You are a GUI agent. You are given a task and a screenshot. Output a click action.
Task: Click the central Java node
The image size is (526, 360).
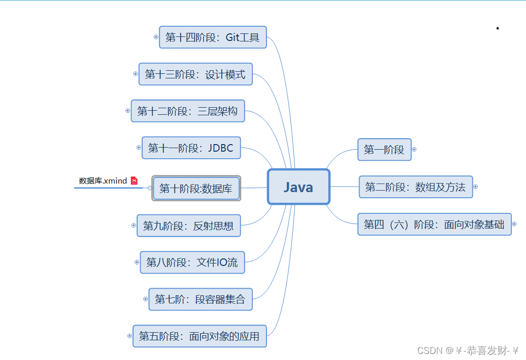click(298, 187)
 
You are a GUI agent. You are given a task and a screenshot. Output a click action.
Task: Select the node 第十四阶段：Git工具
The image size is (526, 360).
click(212, 37)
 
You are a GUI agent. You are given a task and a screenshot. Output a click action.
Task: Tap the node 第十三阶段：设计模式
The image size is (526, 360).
click(195, 74)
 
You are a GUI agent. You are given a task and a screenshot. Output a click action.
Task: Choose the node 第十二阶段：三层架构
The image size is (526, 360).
click(188, 111)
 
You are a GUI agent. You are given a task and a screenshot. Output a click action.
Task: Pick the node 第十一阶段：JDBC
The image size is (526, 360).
click(191, 148)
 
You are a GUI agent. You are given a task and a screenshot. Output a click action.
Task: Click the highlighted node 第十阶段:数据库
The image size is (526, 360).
click(196, 189)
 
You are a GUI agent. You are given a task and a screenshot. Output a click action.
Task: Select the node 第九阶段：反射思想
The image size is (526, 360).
click(188, 226)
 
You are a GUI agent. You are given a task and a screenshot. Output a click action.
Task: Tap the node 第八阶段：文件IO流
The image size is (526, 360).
click(192, 262)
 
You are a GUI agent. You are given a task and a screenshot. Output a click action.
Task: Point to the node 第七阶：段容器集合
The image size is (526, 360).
click(200, 299)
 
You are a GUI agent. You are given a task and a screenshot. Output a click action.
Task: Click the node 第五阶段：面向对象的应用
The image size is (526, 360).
click(199, 336)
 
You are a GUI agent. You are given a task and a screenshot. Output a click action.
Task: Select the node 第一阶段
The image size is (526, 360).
click(384, 150)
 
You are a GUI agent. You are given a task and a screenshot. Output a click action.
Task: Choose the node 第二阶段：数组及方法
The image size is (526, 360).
click(415, 187)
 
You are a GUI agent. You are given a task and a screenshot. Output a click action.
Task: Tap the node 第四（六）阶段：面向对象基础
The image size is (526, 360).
click(434, 224)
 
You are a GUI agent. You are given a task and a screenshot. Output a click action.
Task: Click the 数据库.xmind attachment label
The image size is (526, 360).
click(103, 181)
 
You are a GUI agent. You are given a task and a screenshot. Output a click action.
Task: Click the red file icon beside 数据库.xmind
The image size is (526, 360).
click(134, 181)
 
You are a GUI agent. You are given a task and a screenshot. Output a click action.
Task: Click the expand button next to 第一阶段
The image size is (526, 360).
click(414, 149)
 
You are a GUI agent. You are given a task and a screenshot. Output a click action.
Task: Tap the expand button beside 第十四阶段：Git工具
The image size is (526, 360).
click(156, 37)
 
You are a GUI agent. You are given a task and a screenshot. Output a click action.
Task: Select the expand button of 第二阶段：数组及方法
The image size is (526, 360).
click(475, 187)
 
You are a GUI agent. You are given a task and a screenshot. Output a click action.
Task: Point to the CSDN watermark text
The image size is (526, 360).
click(468, 350)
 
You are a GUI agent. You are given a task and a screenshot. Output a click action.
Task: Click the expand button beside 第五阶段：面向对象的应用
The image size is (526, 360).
click(130, 336)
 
